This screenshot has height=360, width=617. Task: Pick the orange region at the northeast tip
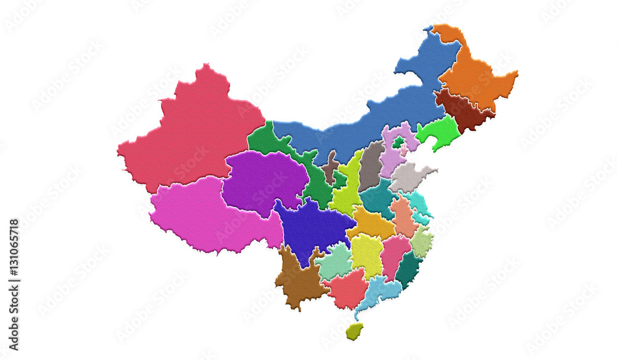click(475, 77)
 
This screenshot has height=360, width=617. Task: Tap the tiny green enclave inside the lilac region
click(399, 143)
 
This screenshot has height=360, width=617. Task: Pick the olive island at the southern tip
click(354, 332)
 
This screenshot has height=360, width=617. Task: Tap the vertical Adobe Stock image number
click(14, 284)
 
